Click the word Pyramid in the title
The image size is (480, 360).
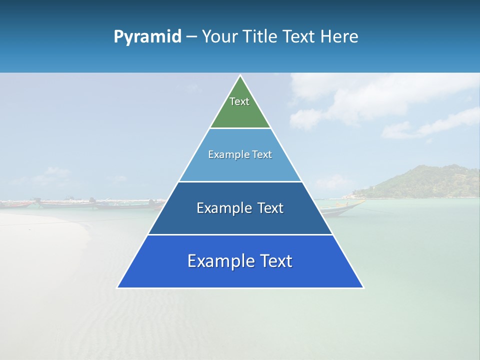(147, 37)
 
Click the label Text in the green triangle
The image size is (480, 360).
(239, 101)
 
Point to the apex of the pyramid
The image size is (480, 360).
(240, 76)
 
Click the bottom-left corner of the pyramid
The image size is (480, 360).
(118, 287)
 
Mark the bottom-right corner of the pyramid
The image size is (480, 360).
(363, 287)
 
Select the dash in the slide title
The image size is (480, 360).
(191, 37)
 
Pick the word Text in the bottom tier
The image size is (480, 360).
(275, 261)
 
